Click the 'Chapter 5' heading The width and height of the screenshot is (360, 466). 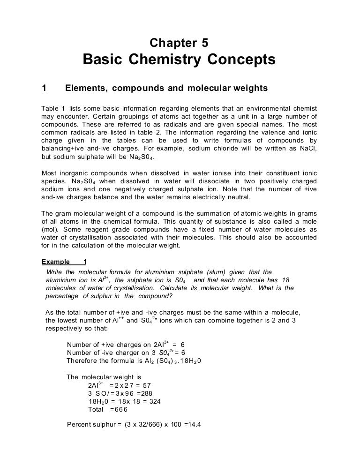click(x=179, y=43)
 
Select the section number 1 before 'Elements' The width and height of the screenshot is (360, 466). click(x=44, y=88)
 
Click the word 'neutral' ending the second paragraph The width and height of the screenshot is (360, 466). click(x=240, y=197)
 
